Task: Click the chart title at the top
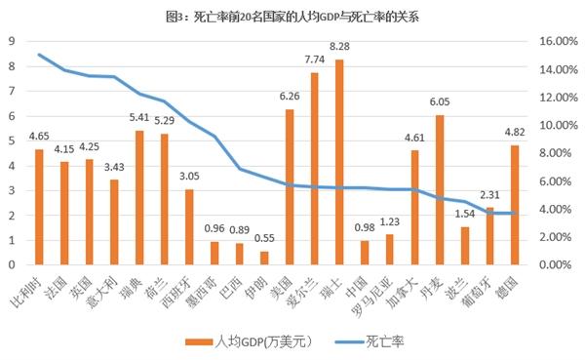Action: [x=292, y=16]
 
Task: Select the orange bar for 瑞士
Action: [x=339, y=162]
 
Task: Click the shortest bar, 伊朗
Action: [x=263, y=258]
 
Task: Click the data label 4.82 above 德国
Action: [x=515, y=132]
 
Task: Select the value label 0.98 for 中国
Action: [x=365, y=228]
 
